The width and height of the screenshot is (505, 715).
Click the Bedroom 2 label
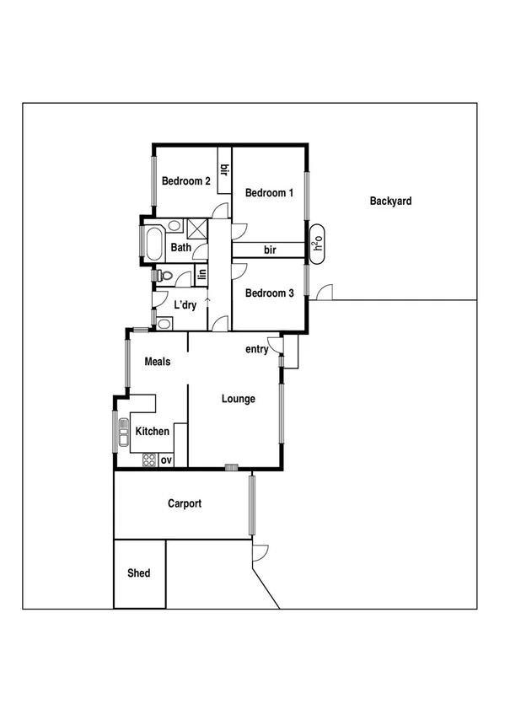click(x=186, y=180)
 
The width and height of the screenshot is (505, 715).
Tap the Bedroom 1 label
click(x=269, y=193)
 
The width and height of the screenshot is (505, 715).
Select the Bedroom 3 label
click(x=269, y=293)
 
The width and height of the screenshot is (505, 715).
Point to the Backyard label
click(x=390, y=202)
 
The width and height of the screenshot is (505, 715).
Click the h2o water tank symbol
click(x=318, y=239)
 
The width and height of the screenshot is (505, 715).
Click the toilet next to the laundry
click(x=165, y=277)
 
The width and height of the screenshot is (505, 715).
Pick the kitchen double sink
click(x=123, y=432)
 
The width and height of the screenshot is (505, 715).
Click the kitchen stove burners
click(x=149, y=460)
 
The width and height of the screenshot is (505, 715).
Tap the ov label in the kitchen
click(x=166, y=460)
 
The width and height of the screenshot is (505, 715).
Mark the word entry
click(x=257, y=349)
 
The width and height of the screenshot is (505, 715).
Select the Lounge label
click(x=239, y=399)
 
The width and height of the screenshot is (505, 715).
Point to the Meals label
click(x=158, y=362)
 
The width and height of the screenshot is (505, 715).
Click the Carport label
click(x=184, y=504)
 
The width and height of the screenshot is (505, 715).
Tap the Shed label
click(x=139, y=573)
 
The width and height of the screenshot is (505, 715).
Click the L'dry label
click(x=185, y=305)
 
